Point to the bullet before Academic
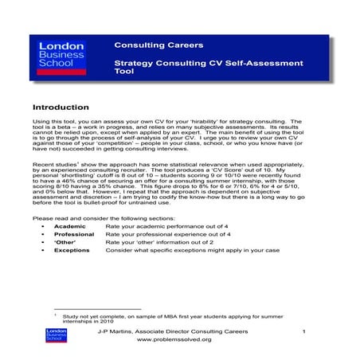click(41, 227)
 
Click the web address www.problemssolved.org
click(174, 339)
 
